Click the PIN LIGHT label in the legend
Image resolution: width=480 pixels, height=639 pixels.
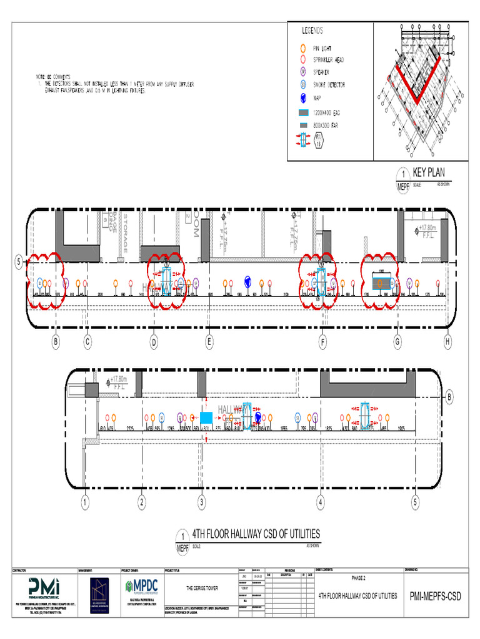(324, 48)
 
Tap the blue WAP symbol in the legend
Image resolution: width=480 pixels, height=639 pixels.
(302, 97)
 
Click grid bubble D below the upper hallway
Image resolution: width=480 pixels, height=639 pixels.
(154, 341)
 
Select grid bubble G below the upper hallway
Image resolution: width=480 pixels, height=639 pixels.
(397, 341)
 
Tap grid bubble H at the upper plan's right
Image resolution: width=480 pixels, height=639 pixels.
(447, 341)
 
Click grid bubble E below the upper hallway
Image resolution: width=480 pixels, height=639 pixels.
(209, 341)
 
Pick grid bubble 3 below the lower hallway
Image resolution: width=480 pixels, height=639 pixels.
(202, 502)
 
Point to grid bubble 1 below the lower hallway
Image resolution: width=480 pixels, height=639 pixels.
(85, 502)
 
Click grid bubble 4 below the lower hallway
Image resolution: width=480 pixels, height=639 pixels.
(321, 502)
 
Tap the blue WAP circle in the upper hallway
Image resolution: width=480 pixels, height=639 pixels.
(248, 281)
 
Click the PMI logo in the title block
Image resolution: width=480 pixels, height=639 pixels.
(43, 587)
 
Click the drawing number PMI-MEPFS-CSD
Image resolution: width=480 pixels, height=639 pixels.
(435, 597)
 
